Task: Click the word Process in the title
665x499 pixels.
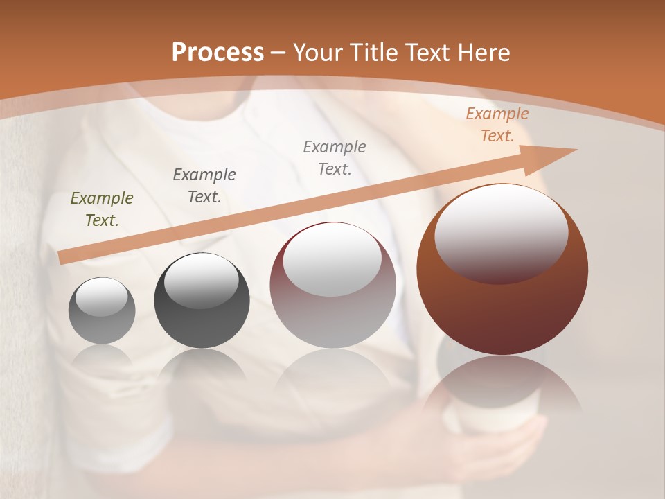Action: tap(218, 52)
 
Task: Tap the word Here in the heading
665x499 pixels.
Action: tap(484, 53)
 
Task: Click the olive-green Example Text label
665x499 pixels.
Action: tap(102, 209)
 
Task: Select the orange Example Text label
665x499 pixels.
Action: tap(497, 125)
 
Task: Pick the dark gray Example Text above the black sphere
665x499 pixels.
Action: tap(204, 186)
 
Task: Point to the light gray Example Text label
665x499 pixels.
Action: tap(335, 157)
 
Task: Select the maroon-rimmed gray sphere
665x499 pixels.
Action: tap(332, 312)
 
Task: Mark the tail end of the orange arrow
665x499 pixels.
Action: tap(64, 257)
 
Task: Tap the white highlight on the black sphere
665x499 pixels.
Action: tap(201, 281)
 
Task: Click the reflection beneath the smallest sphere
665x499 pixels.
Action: tap(102, 357)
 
